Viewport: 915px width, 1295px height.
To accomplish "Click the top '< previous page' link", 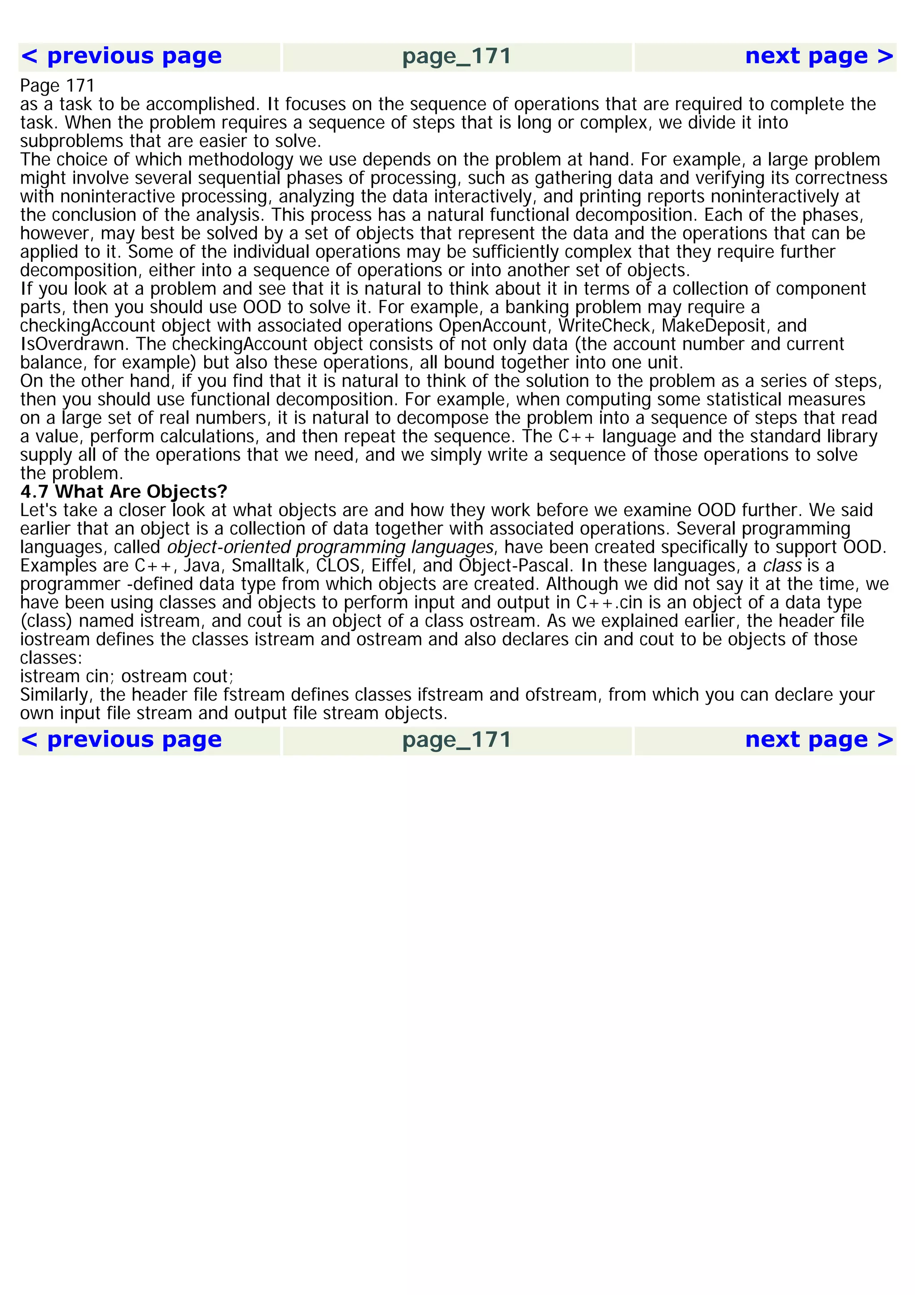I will point(121,56).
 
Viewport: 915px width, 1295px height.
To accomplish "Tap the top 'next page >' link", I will point(818,56).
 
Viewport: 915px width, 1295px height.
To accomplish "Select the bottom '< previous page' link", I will point(121,740).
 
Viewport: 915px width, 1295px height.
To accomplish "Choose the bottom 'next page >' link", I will point(818,740).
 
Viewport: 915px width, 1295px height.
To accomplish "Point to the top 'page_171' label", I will point(457,56).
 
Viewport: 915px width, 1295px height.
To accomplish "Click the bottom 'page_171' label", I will point(457,740).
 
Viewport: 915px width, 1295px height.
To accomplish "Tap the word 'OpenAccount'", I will point(493,326).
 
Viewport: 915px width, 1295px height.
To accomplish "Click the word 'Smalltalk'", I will point(268,566).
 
